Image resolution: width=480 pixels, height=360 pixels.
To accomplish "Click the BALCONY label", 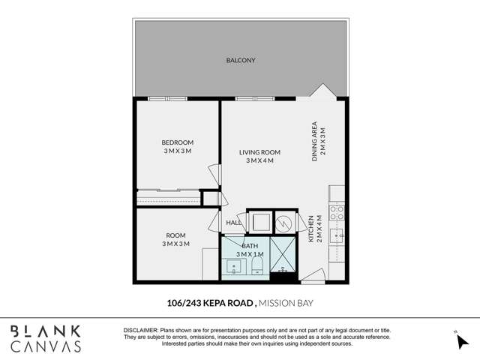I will point(241,60).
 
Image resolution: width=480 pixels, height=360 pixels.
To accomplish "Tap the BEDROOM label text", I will point(178,142).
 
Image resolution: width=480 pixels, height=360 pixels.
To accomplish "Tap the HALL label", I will point(233,223).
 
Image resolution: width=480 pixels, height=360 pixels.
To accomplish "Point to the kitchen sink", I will point(339,236).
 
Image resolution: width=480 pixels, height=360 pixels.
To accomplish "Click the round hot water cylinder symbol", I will point(286,222).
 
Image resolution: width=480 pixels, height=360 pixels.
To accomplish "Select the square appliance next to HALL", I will point(262,223).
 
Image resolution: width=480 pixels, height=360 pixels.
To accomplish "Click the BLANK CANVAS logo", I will point(45,338).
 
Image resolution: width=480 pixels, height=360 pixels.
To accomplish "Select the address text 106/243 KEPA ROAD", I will point(211,304).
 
